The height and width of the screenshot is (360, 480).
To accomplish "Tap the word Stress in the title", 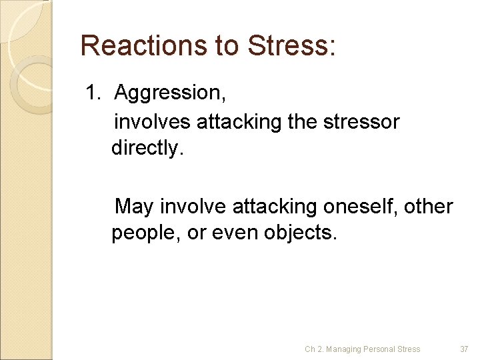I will coord(289,45).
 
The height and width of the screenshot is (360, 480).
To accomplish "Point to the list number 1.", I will coord(93,93).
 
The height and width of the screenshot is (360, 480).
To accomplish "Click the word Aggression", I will coord(170,94).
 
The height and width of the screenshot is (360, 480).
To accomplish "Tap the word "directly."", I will coord(146,147).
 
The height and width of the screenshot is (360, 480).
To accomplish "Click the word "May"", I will coord(134,207).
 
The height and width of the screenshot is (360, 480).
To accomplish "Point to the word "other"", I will coord(429,207).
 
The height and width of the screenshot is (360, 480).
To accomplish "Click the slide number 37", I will coord(465,349).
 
